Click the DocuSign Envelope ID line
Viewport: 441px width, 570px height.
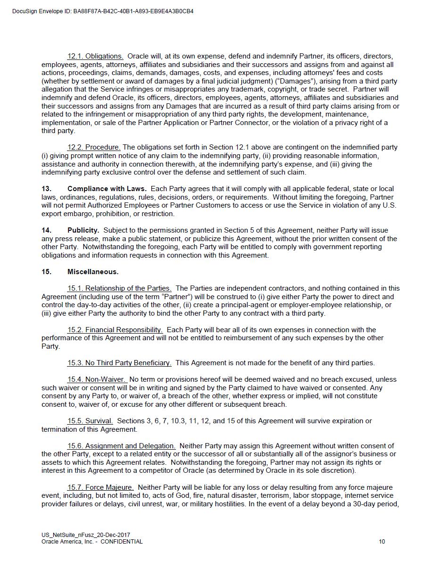103,11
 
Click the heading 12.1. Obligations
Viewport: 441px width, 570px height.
95,56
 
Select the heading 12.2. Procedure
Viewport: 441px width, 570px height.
94,147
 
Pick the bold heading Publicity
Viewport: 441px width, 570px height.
83,230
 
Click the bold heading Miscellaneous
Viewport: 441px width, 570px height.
93,272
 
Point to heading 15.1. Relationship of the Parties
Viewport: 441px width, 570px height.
119,288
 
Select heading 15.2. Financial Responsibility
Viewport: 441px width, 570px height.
115,330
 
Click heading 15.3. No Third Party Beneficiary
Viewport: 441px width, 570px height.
119,363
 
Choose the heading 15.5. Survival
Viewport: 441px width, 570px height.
90,421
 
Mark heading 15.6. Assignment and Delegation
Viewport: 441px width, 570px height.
121,446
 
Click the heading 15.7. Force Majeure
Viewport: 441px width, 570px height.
100,487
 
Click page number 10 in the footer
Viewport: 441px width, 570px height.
382,542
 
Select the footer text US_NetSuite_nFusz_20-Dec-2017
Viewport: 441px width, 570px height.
85,535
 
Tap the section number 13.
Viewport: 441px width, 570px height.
46,189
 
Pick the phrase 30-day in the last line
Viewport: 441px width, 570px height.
366,504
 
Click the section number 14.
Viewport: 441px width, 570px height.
46,230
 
